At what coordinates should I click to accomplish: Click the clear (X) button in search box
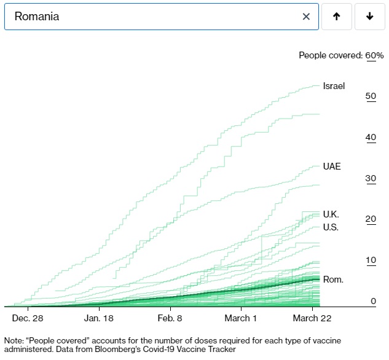tap(306, 17)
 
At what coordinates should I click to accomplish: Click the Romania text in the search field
tap(37, 17)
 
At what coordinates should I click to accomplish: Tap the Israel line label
tap(334, 86)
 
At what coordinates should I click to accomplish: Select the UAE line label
tap(332, 166)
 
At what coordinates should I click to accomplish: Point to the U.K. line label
tap(331, 214)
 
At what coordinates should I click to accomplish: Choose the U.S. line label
tap(331, 227)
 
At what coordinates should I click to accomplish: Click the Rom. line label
tap(333, 280)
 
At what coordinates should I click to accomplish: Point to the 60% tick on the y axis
tap(374, 55)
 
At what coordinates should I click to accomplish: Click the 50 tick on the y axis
tap(371, 96)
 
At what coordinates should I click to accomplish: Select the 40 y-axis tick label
tap(371, 138)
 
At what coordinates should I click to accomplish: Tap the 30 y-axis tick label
tap(371, 179)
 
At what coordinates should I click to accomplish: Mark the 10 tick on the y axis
tap(371, 260)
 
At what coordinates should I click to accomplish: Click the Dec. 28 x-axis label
tap(28, 318)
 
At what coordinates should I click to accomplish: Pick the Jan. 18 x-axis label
tap(100, 318)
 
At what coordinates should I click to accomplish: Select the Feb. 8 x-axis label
tap(170, 318)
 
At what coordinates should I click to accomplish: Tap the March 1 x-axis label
tap(241, 318)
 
